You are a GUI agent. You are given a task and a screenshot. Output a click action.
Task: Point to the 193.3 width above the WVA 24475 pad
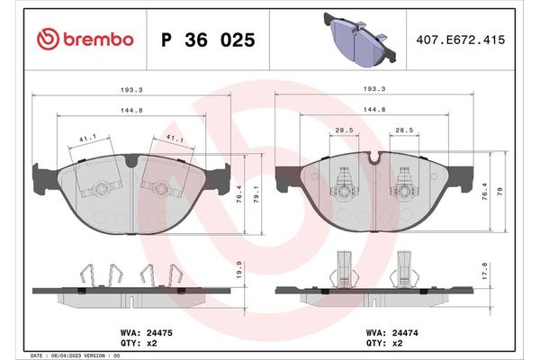(x=131, y=90)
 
